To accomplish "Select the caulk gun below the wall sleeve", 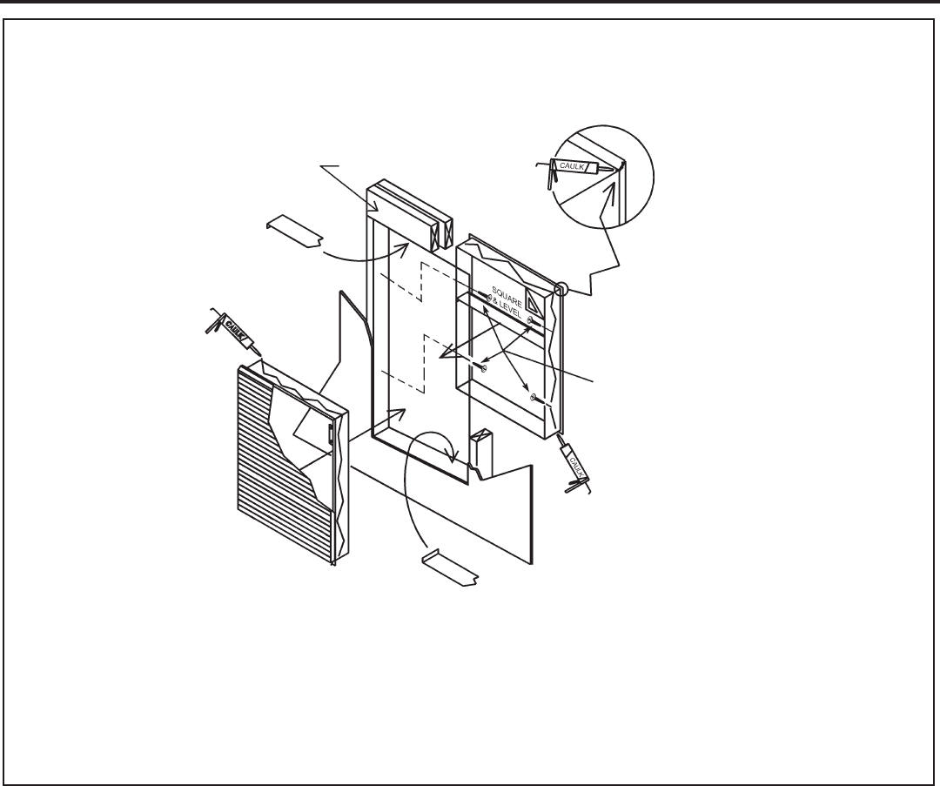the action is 574,465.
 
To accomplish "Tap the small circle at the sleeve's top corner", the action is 561,288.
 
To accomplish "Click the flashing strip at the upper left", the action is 294,231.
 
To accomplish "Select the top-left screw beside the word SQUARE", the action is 479,296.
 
